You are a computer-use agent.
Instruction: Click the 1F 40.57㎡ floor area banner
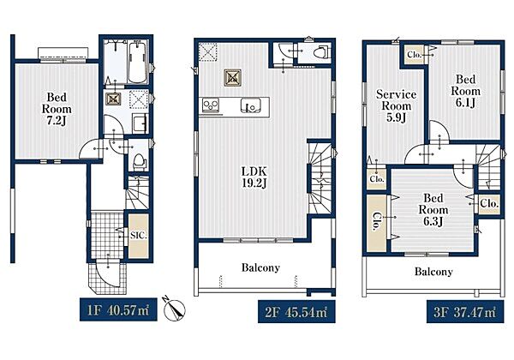(x=118, y=309)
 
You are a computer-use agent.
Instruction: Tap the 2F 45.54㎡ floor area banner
(x=296, y=311)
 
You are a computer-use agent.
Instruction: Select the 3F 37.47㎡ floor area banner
(x=465, y=311)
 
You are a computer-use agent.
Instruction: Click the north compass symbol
(x=174, y=309)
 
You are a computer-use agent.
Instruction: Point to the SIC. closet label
(x=139, y=235)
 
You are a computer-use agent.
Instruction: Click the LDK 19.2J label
(x=254, y=177)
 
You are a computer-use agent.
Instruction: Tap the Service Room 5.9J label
(x=396, y=105)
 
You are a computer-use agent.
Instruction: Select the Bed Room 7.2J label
(x=57, y=109)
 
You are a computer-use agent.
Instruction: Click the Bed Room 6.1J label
(x=465, y=91)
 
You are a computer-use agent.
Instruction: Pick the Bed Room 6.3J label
(x=433, y=209)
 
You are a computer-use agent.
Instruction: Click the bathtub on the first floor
(x=137, y=62)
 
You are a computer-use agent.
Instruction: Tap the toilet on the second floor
(x=320, y=51)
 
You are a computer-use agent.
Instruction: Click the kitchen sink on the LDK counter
(x=251, y=105)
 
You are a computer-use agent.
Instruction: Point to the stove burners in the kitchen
(x=211, y=105)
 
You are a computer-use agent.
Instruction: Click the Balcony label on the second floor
(x=260, y=267)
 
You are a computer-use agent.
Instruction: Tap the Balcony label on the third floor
(x=433, y=272)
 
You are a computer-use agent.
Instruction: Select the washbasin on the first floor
(x=140, y=123)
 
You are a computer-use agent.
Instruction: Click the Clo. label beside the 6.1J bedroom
(x=414, y=55)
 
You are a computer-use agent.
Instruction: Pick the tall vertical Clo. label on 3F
(x=377, y=222)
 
